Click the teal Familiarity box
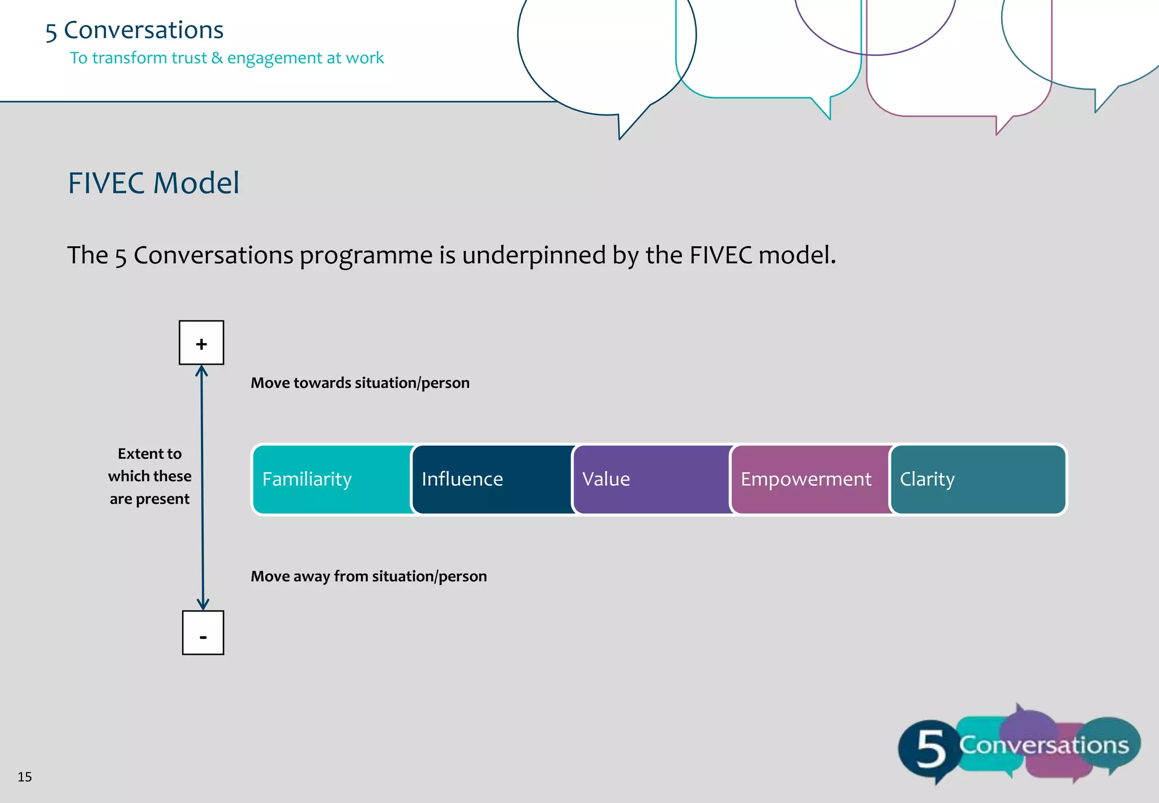pyautogui.click(x=333, y=479)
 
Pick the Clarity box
pyautogui.click(x=977, y=479)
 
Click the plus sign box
pyautogui.click(x=201, y=343)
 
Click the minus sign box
pyautogui.click(x=203, y=633)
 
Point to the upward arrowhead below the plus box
pyautogui.click(x=201, y=371)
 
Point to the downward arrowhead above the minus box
pyautogui.click(x=203, y=604)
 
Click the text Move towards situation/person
pyautogui.click(x=360, y=383)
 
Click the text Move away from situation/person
pyautogui.click(x=368, y=576)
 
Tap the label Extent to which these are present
pyautogui.click(x=149, y=476)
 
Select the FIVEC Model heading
pyautogui.click(x=153, y=183)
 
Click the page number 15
pyautogui.click(x=24, y=776)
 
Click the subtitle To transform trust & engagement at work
pyautogui.click(x=226, y=58)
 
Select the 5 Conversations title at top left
pyautogui.click(x=134, y=30)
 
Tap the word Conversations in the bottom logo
pyautogui.click(x=1044, y=745)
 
